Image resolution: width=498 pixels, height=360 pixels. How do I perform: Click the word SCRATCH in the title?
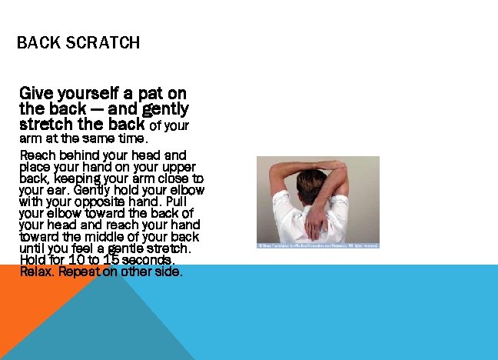[x=102, y=42]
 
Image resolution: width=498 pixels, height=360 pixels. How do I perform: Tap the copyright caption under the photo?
[x=317, y=245]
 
